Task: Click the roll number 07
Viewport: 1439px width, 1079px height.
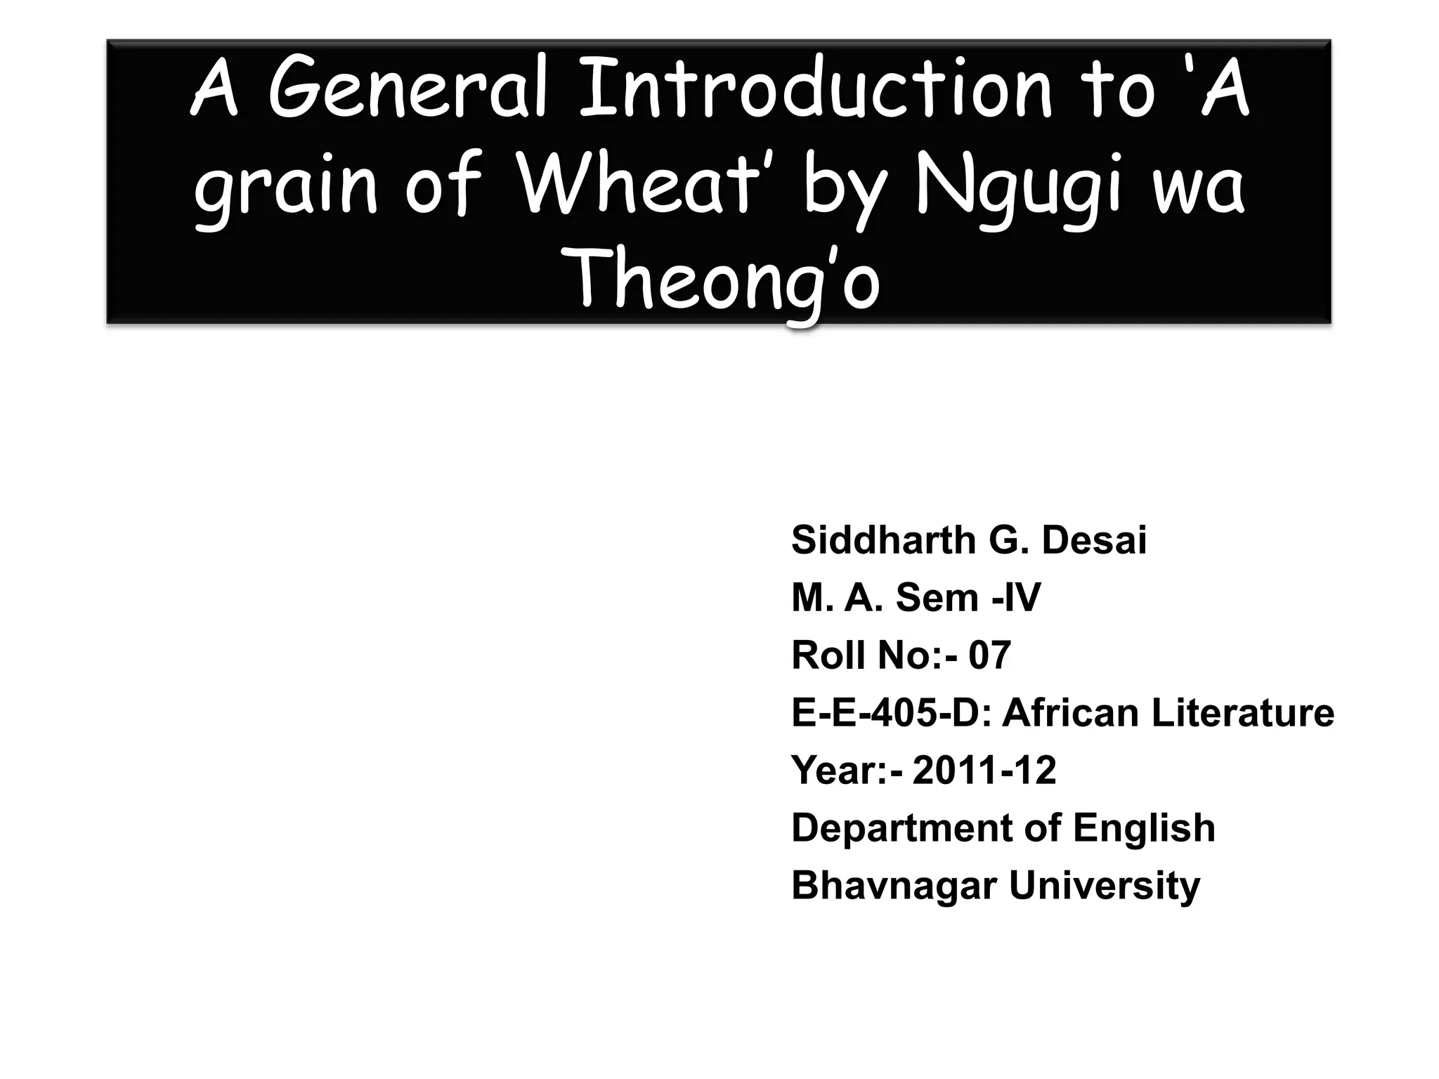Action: [x=989, y=655]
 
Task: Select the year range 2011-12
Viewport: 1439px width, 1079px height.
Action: [x=984, y=771]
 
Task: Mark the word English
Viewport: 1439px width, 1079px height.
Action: [x=1144, y=828]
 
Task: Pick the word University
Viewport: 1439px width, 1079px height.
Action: [x=1105, y=886]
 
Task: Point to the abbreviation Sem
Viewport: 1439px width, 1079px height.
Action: [x=937, y=598]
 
